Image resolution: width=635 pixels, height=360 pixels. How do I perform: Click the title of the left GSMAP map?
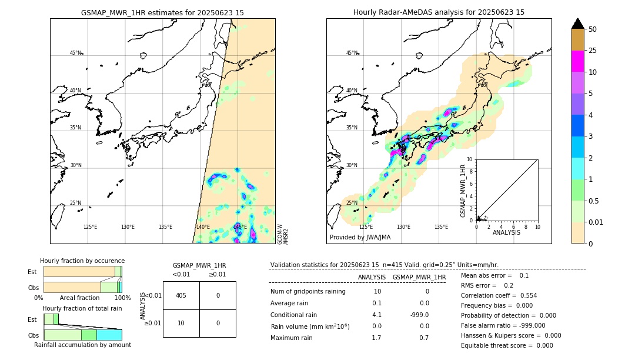(x=162, y=12)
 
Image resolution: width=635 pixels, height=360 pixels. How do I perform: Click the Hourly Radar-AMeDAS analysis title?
(x=439, y=12)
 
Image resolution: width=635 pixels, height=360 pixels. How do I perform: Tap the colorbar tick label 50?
(x=593, y=29)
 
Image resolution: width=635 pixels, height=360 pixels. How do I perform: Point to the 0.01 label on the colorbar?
(x=596, y=222)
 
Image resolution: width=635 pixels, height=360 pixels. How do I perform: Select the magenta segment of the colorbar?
(x=577, y=61)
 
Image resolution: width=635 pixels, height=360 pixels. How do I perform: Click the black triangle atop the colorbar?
(x=577, y=24)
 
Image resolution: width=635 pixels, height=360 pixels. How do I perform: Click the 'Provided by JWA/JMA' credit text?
(x=360, y=238)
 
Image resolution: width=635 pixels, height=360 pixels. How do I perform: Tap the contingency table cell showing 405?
(x=181, y=295)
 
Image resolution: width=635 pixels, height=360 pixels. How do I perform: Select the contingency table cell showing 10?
(x=181, y=323)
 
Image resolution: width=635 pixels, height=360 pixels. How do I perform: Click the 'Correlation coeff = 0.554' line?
(x=499, y=295)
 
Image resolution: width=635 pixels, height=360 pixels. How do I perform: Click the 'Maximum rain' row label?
(x=291, y=338)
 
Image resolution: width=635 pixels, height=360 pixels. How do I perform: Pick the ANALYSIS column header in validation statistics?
(x=372, y=277)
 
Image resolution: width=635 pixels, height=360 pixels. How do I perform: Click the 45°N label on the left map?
(x=75, y=53)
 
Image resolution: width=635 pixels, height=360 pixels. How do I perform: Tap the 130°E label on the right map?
(x=403, y=227)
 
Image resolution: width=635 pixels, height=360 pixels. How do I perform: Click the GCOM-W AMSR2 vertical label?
(x=283, y=234)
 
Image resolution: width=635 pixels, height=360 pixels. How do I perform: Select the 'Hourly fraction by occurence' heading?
(x=82, y=261)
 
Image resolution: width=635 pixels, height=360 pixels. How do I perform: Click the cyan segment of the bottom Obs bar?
(x=109, y=335)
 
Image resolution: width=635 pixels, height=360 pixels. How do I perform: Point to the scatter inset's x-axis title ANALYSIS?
(x=506, y=232)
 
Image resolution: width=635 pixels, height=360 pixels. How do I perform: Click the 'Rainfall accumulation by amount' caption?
(x=82, y=345)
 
